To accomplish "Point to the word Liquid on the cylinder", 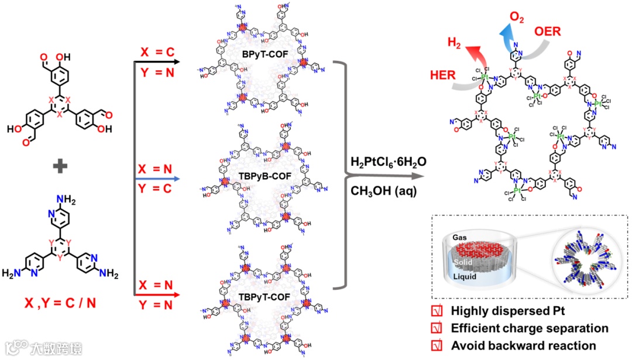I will click(x=466, y=276).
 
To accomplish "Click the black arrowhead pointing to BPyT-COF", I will click(x=176, y=60).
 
